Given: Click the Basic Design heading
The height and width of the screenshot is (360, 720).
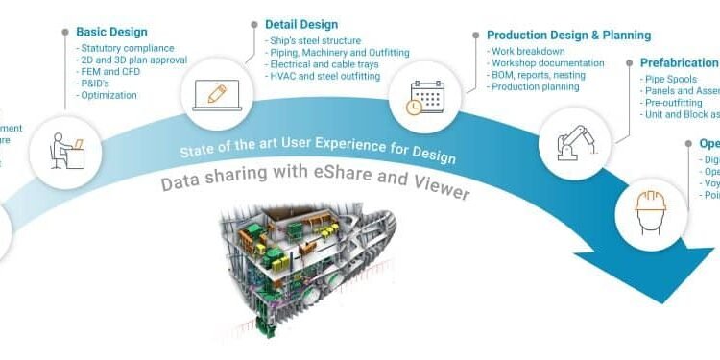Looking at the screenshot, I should pos(111,32).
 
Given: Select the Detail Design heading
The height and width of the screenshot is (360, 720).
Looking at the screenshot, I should pos(300,23).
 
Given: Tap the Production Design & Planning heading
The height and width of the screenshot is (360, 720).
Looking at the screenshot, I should pos(568,36).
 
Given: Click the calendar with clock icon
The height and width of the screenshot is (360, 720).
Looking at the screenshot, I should pos(426,98).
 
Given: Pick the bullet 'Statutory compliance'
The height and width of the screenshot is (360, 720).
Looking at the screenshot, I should pos(126,47).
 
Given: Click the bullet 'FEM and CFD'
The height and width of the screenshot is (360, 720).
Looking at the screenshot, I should pos(110,71).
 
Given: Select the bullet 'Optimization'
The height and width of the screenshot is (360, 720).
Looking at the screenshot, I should pos(108,95).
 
